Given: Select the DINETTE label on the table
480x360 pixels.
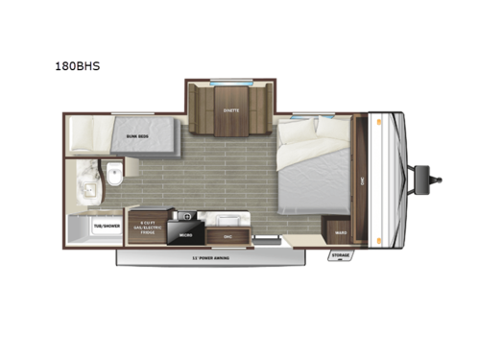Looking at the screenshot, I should [230, 109].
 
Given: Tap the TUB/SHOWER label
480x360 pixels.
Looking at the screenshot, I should [106, 228].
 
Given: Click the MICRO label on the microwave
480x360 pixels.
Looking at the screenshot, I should [186, 232].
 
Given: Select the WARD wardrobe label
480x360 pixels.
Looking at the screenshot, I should [340, 230].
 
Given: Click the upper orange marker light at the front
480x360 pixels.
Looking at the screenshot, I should [381, 120].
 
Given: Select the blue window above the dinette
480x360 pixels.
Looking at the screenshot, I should [230, 86].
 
